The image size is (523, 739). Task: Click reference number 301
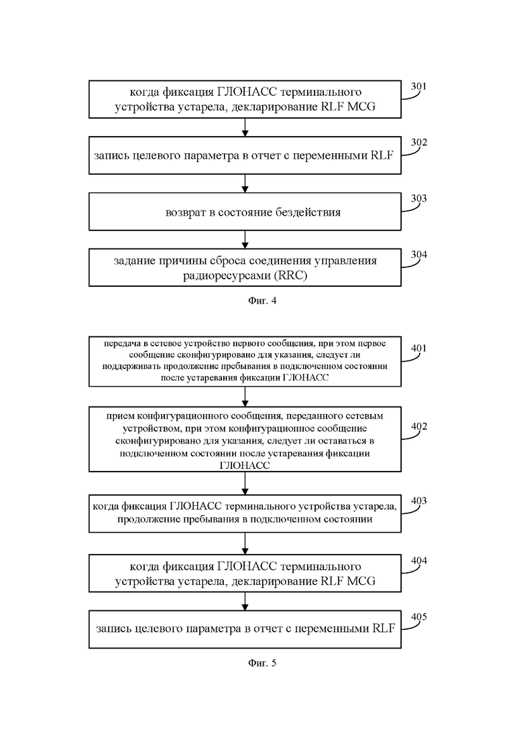click(x=419, y=86)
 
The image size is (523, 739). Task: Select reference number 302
click(x=419, y=142)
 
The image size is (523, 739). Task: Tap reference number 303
click(x=419, y=198)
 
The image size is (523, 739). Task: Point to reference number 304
click(x=419, y=255)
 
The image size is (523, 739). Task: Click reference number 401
click(x=419, y=348)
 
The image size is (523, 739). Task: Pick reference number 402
click(x=419, y=427)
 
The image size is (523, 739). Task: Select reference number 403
click(x=419, y=500)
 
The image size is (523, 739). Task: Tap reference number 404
click(x=419, y=560)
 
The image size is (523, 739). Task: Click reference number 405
click(x=419, y=616)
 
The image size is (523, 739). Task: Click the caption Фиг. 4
click(x=261, y=301)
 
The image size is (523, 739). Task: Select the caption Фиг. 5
click(x=261, y=663)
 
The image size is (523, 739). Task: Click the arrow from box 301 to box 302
click(x=245, y=127)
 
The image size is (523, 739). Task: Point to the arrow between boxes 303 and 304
click(x=245, y=239)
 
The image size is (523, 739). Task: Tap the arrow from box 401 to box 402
click(x=245, y=397)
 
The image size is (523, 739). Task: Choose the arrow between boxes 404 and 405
click(x=245, y=602)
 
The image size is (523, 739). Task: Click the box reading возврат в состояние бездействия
click(x=245, y=212)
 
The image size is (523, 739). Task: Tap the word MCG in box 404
click(x=361, y=581)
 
